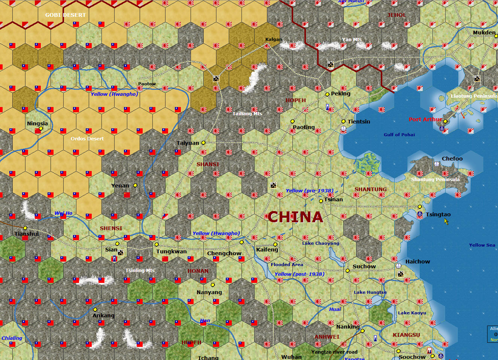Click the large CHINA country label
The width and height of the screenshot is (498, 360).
tap(295, 217)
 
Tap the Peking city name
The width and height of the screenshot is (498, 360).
tap(340, 94)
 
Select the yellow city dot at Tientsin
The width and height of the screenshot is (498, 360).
tap(343, 121)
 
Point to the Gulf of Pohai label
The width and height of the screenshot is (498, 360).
tap(399, 135)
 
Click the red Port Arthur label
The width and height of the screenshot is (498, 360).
tap(425, 119)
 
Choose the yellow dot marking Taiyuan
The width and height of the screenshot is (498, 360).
tap(203, 143)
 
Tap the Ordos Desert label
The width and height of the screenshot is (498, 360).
tap(87, 138)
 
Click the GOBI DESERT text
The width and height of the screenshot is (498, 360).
tap(66, 15)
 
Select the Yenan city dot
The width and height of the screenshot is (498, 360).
tap(135, 185)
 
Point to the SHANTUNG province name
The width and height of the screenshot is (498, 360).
tap(370, 189)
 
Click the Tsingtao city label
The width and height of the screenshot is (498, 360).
tap(438, 214)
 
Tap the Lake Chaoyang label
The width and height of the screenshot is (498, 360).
tap(321, 243)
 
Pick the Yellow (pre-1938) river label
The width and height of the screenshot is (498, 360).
tap(309, 191)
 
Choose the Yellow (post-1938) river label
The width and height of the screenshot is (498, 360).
tap(299, 274)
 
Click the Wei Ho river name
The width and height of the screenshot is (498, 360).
tap(63, 213)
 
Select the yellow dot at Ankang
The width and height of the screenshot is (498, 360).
tap(95, 309)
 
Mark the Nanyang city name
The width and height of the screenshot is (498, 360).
tap(209, 292)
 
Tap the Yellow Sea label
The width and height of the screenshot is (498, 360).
tap(482, 245)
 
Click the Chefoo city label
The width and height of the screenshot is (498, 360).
tap(452, 159)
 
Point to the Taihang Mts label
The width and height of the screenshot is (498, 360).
tap(247, 113)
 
